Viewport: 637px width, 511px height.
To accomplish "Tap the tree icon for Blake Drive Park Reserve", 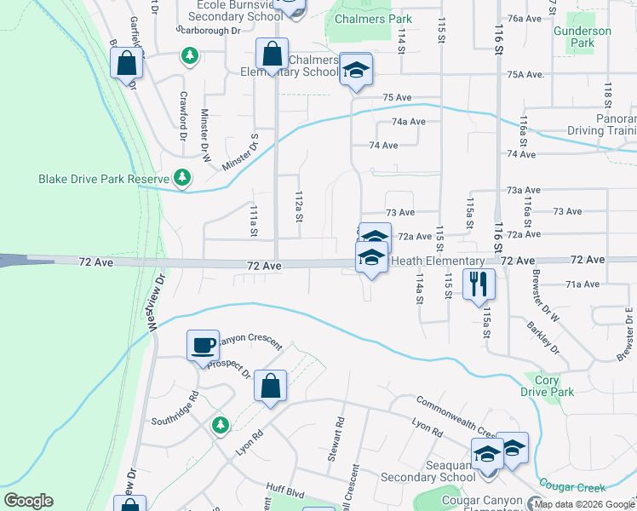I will pos(181,177).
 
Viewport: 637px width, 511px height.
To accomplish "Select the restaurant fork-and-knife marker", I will pos(479,284).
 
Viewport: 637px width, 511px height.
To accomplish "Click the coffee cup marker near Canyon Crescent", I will pos(204,345).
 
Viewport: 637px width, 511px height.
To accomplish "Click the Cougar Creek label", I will pos(577,487).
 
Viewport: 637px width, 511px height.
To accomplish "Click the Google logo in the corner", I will pos(28,501).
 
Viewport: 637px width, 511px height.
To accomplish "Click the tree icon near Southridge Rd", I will pos(220,423).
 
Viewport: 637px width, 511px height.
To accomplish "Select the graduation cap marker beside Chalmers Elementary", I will pos(356,70).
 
